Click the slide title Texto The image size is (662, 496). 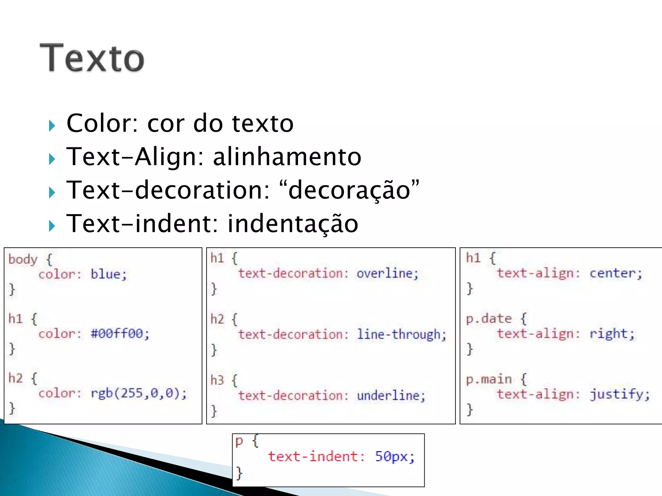[x=92, y=58]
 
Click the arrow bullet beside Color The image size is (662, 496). [x=52, y=126]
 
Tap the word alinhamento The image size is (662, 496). [x=287, y=157]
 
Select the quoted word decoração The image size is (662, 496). [x=349, y=191]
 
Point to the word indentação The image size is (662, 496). [x=293, y=224]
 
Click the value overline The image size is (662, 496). [x=385, y=274]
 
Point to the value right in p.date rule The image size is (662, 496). [x=609, y=334]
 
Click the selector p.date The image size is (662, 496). [x=488, y=319]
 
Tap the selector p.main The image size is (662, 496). [x=488, y=379]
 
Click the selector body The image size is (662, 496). [x=23, y=259]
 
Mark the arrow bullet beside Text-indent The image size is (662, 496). [x=52, y=226]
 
